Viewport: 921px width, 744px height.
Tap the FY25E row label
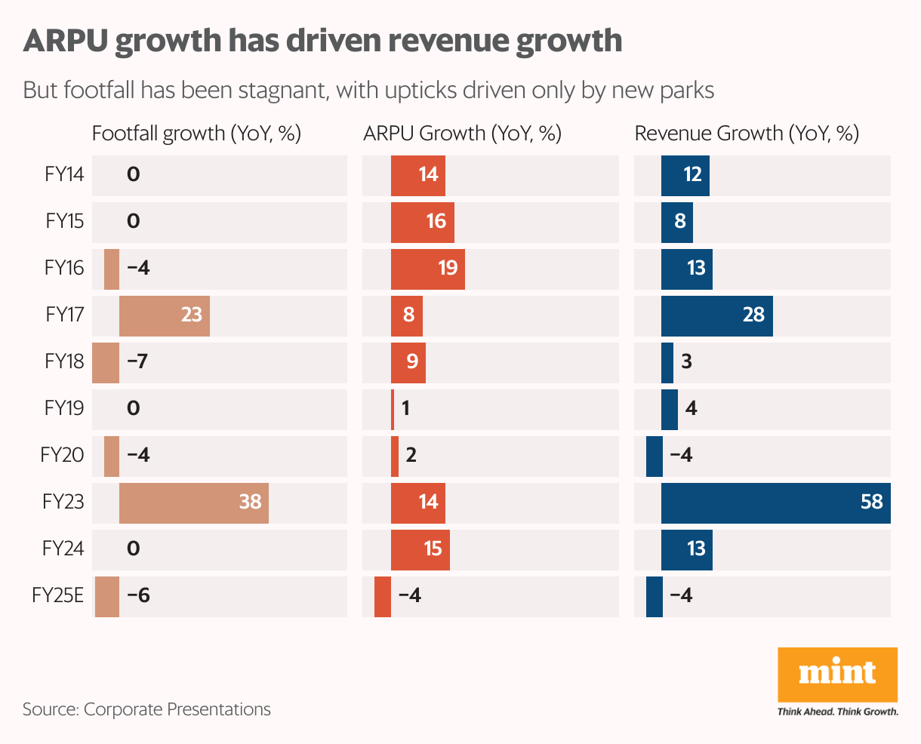[x=57, y=595]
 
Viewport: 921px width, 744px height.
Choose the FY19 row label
[x=64, y=408]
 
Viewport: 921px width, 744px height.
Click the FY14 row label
[x=64, y=174]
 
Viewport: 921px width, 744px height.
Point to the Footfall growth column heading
[x=196, y=134]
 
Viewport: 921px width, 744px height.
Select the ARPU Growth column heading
[x=462, y=134]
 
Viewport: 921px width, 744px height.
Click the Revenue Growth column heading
[x=747, y=134]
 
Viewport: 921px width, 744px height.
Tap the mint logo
[x=837, y=674]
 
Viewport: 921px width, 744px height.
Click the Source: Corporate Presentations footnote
[x=146, y=709]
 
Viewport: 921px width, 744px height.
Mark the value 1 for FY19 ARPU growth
[x=405, y=408]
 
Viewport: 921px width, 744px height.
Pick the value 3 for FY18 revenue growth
[x=686, y=361]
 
